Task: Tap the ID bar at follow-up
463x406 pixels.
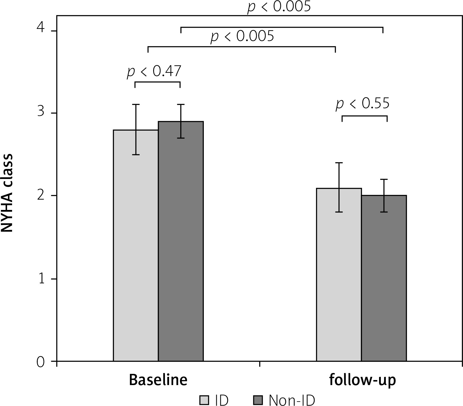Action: tap(339, 274)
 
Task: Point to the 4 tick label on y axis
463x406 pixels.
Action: tap(41, 29)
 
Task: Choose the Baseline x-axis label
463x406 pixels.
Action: tap(158, 380)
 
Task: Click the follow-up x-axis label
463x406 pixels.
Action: tap(362, 380)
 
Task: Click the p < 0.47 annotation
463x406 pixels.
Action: tap(154, 71)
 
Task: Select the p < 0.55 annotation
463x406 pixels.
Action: tap(363, 103)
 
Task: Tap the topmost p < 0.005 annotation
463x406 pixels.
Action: tap(279, 6)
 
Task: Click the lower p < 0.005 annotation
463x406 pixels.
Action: tap(242, 36)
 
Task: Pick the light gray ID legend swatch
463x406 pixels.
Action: tap(204, 400)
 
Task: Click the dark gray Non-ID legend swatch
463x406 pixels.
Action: tap(258, 400)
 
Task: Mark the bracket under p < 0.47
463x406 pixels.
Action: tap(157, 82)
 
